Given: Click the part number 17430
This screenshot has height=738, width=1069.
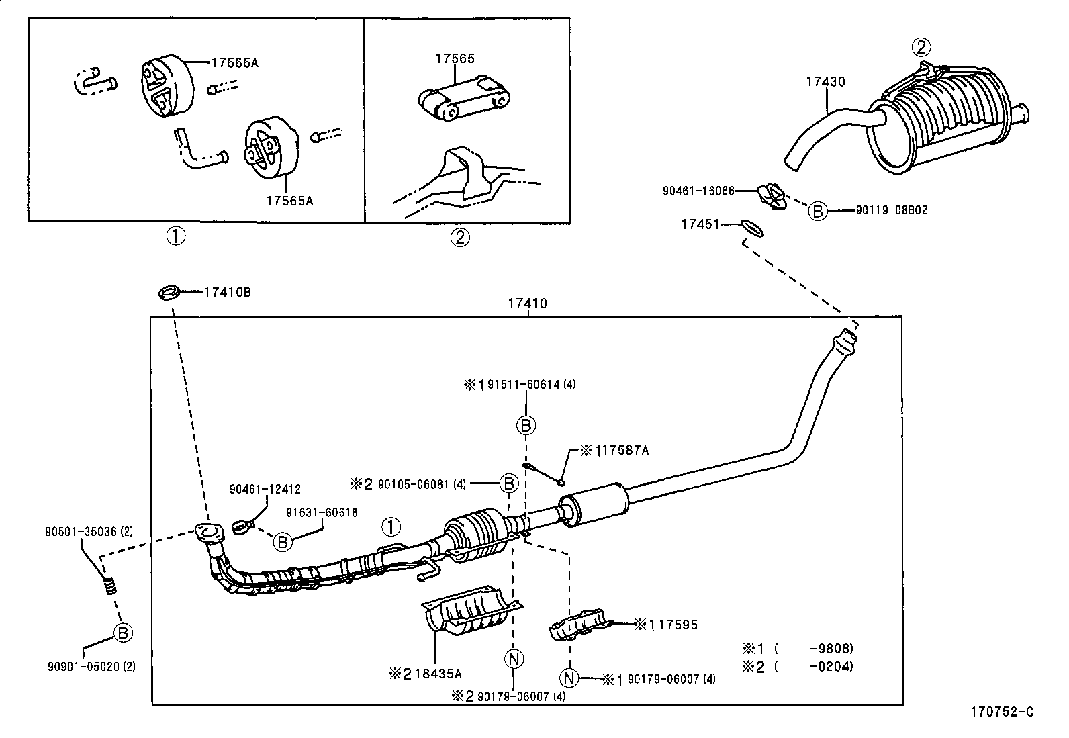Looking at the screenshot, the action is point(825,82).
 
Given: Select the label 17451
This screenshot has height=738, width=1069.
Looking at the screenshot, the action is point(700,224).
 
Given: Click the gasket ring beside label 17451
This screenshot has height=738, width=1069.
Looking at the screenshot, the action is point(752,228).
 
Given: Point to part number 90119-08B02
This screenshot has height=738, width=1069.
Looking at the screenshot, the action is point(891,210).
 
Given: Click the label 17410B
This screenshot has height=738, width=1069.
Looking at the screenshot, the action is point(227,292).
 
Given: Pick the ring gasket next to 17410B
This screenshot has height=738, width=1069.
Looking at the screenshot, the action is point(169,293).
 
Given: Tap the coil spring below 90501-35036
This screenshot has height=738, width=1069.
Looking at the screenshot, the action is point(109,586).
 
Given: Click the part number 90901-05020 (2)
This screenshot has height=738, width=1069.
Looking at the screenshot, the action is point(91,666).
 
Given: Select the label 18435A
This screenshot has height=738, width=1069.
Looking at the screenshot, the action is point(438,674).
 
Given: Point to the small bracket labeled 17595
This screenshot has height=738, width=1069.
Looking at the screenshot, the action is point(582,625).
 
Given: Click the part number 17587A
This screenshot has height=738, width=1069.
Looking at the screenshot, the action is point(620,450).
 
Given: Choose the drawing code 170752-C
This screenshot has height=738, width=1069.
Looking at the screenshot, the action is point(1002,712).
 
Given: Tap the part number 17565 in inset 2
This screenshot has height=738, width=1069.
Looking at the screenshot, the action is point(455,58).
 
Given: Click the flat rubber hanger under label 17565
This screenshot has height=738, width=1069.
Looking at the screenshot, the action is point(463,98).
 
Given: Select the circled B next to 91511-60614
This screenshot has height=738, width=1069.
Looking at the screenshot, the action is point(526,425).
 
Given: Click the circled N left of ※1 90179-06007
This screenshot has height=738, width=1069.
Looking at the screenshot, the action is point(569,678).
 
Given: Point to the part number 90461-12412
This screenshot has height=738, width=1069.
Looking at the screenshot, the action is point(265,490).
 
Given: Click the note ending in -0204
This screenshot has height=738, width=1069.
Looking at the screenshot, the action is point(797,666).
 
